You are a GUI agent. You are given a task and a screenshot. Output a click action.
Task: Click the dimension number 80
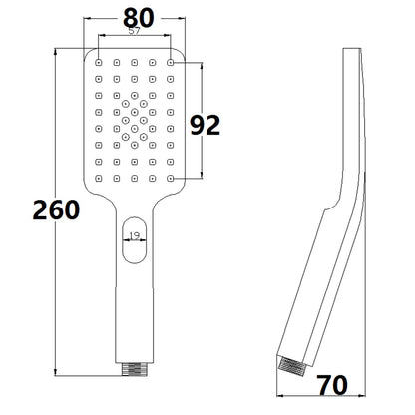click(139, 18)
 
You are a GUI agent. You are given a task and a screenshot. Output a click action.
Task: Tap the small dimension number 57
click(134, 31)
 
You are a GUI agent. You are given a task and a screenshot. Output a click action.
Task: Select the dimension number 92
click(205, 125)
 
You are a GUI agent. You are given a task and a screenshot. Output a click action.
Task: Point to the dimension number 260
click(56, 209)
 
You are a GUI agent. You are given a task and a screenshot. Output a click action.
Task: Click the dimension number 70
click(332, 385)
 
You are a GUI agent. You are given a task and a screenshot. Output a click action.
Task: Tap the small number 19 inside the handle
click(134, 236)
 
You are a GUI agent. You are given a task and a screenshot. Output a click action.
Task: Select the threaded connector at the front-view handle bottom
click(135, 369)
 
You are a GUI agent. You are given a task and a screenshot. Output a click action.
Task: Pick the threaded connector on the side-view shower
click(293, 367)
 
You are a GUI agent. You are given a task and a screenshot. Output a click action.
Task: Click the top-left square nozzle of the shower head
click(99, 62)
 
